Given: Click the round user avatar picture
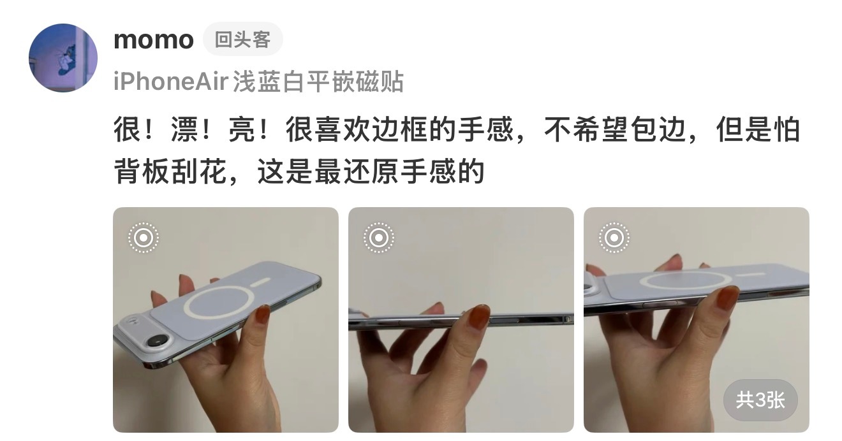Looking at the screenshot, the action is (63, 58).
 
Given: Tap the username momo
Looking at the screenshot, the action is (154, 40).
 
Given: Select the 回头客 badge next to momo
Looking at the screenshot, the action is (243, 39).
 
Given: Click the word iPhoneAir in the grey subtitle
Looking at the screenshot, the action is (171, 81).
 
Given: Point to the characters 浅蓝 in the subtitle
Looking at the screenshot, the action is (257, 81).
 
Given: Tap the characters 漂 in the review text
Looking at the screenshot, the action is (185, 129).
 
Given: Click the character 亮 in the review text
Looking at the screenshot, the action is (242, 129).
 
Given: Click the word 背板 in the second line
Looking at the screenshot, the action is (142, 171).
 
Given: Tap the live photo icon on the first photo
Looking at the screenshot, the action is (144, 238).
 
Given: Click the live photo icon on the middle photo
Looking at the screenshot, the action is (378, 238).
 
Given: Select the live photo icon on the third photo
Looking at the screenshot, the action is (614, 238).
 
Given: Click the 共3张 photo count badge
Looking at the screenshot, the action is (760, 400).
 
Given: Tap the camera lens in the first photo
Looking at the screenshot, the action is (159, 341).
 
